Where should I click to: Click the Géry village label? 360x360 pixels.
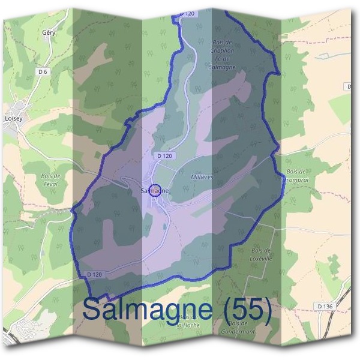click(x=49, y=32)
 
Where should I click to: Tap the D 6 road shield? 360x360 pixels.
click(x=42, y=71)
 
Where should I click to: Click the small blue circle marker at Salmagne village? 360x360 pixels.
click(x=154, y=190)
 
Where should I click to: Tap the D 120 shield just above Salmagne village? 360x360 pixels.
click(x=164, y=155)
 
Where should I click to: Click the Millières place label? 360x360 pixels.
click(x=202, y=178)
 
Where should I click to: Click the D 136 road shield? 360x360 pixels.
click(x=325, y=306)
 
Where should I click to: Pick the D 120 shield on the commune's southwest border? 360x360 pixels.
click(x=94, y=274)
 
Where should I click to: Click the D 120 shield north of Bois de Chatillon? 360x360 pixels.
click(x=190, y=13)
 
